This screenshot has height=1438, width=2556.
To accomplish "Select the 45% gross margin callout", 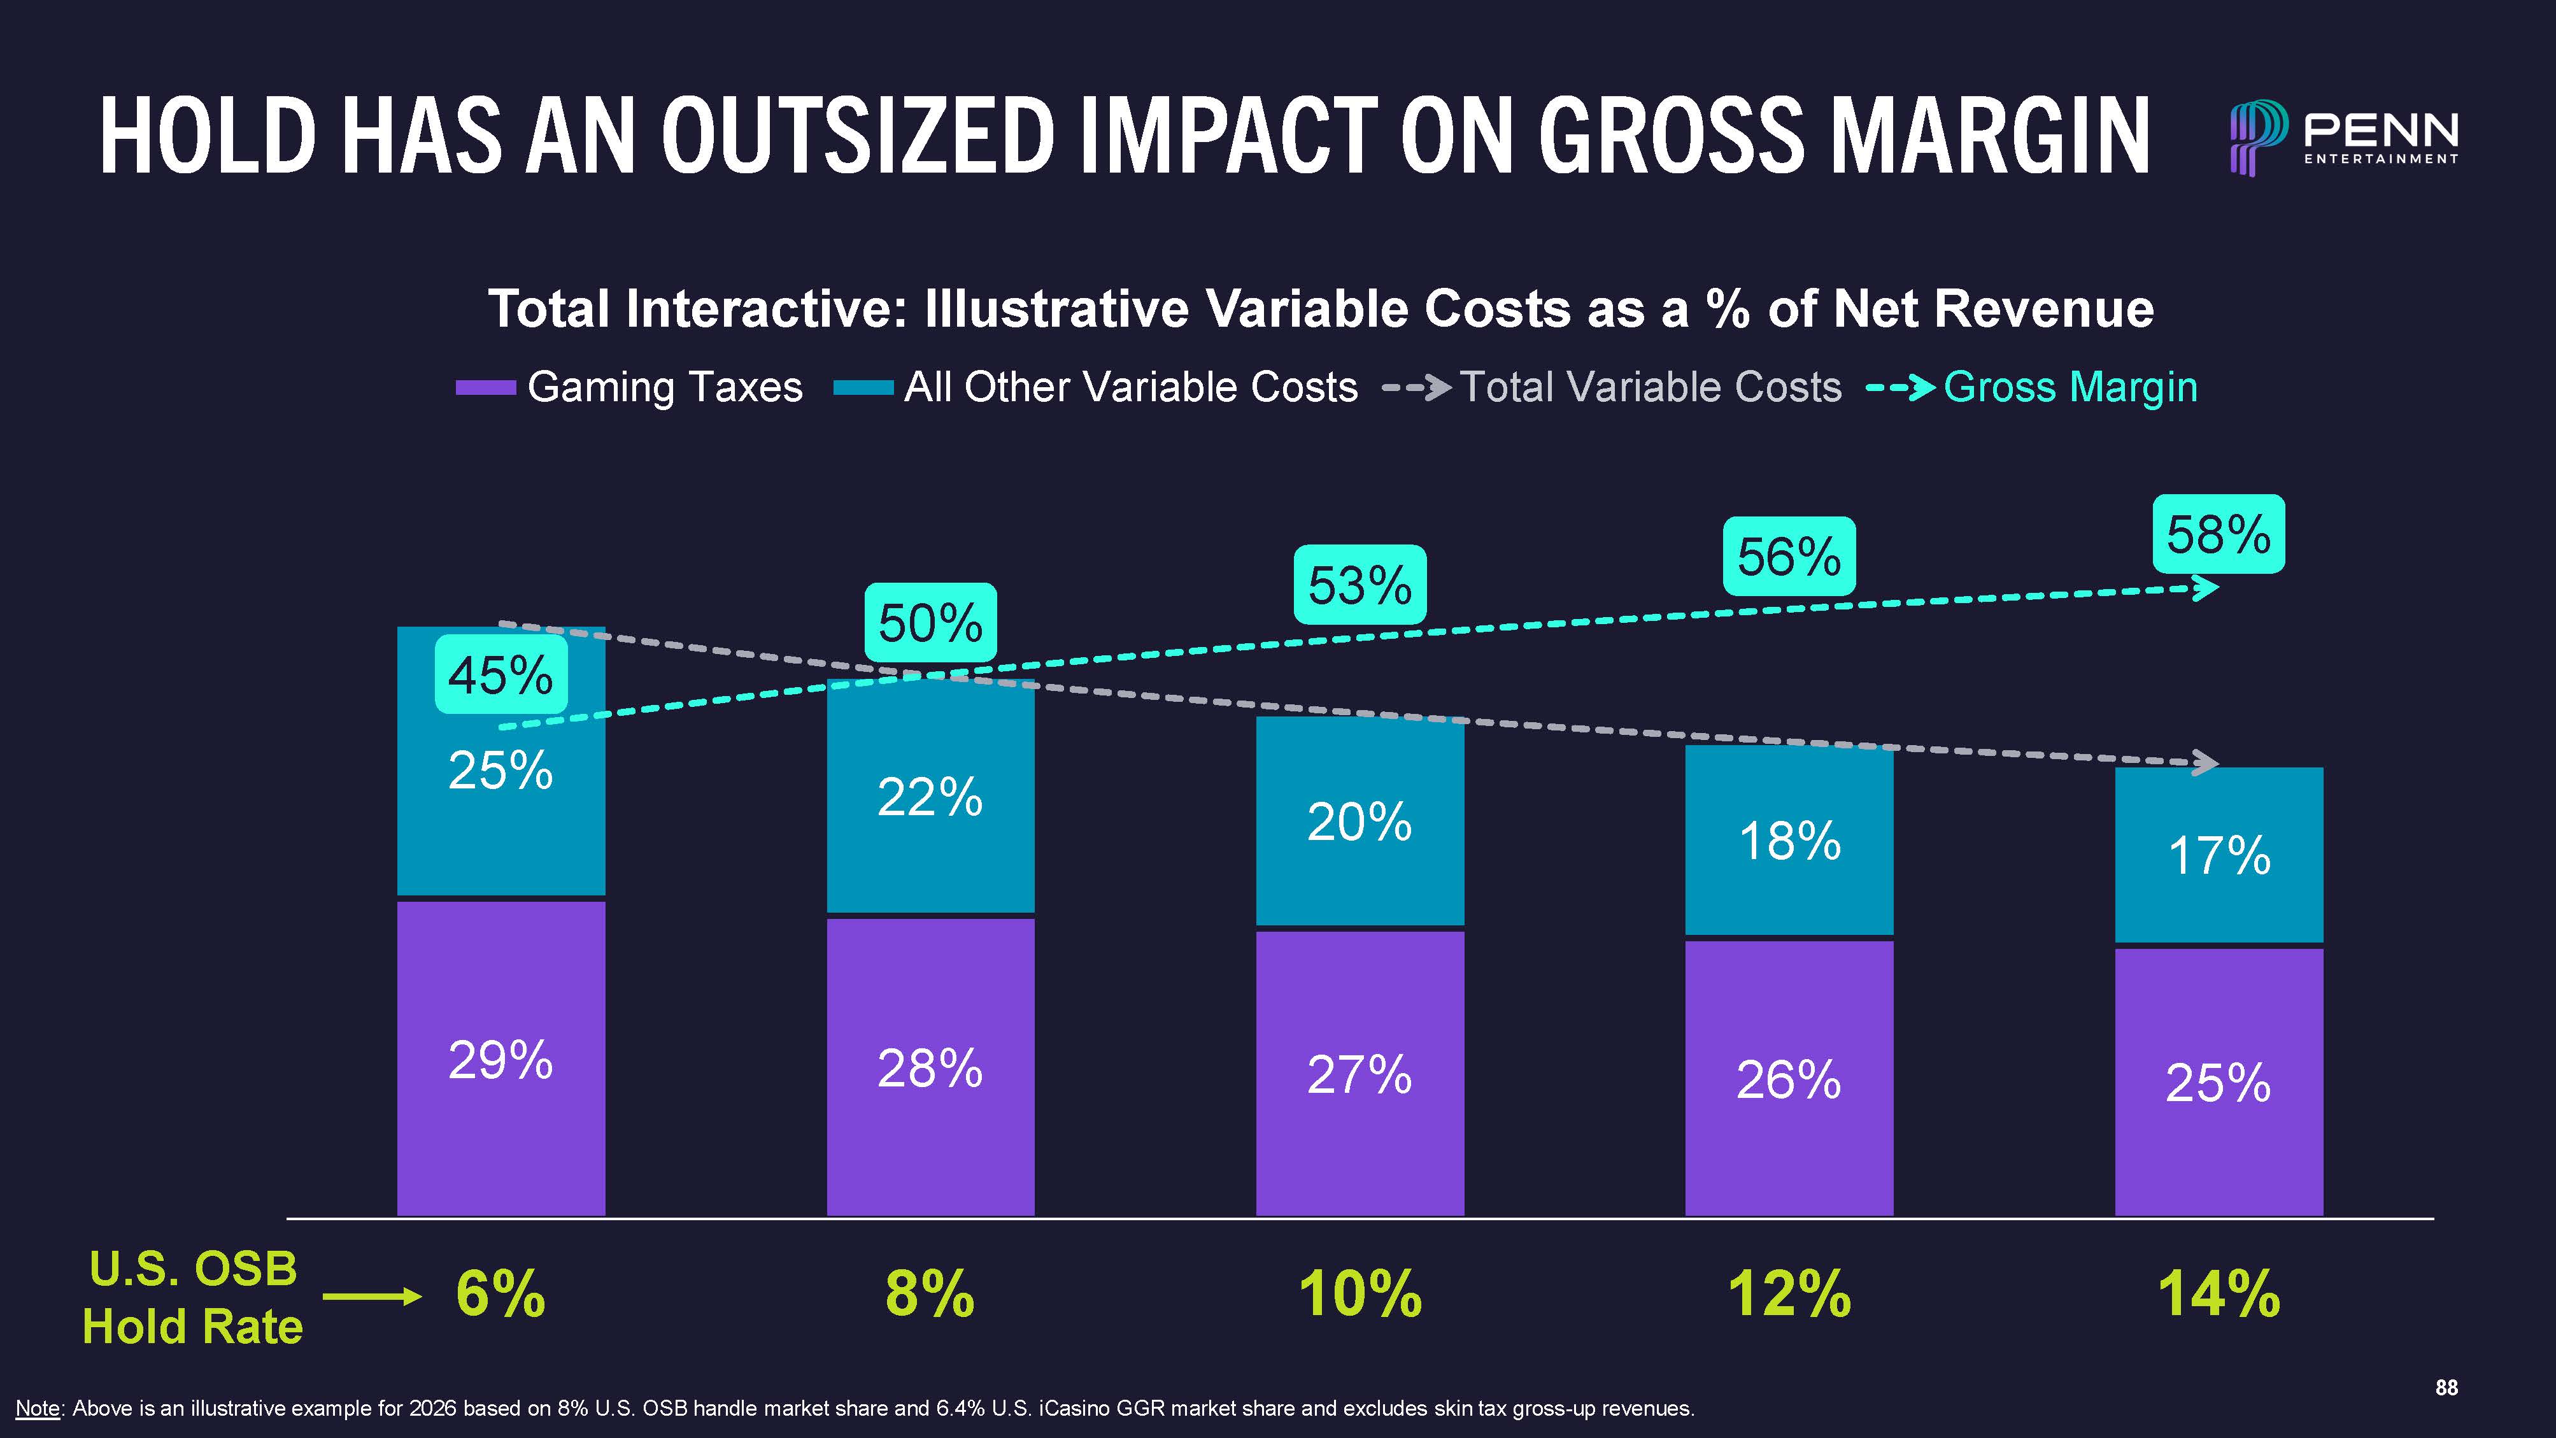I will point(501,675).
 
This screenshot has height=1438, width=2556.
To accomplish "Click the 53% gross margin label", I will point(1360,585).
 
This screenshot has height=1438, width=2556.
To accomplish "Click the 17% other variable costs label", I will point(2219,855).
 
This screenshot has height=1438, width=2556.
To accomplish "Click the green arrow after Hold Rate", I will point(372,1296).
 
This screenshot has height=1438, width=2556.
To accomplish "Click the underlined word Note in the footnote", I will point(38,1408).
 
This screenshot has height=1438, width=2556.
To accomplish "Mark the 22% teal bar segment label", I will point(930,797).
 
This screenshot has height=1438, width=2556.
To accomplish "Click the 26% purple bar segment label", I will point(1788,1079).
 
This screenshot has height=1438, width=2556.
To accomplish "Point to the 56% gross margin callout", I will point(1789,556).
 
